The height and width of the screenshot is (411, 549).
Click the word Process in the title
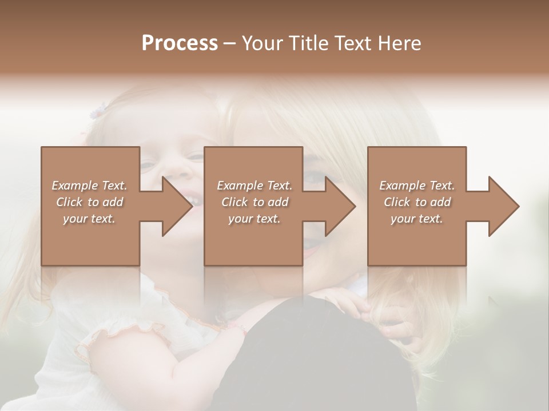point(180,43)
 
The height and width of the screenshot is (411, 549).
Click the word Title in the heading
point(307,43)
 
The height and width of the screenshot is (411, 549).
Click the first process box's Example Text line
point(90,186)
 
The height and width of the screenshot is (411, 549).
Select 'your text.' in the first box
point(90,219)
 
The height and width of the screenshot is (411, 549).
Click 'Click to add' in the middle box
point(254,202)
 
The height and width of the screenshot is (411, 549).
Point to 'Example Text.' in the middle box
point(254,186)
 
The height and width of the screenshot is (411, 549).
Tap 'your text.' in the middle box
point(254,219)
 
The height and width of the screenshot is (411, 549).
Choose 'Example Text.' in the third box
point(417,186)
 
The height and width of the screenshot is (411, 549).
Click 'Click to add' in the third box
point(417,202)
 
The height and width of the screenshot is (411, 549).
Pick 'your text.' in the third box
point(417,219)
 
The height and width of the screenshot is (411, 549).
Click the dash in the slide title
point(229,44)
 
